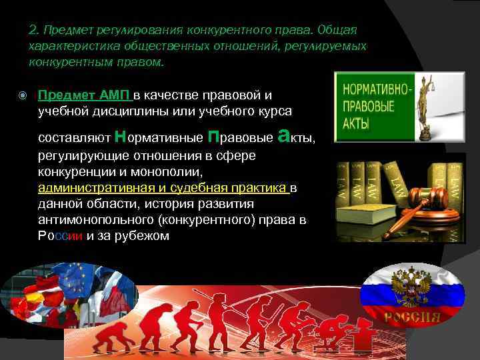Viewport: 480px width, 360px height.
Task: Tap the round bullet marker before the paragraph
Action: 23,95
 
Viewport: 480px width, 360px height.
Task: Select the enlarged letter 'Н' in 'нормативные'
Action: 121,137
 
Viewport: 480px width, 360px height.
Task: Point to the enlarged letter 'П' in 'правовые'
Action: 213,137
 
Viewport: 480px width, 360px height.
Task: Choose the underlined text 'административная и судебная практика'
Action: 163,188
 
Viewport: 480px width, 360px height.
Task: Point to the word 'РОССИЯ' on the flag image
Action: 411,316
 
